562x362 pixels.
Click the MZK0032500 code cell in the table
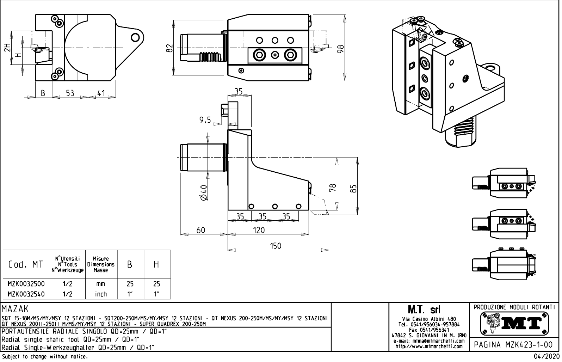coord(26,284)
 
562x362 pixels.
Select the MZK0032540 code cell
coord(26,294)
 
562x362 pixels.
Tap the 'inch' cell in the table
coord(101,294)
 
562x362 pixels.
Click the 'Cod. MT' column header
coord(26,264)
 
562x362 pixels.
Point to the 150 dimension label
coord(276,246)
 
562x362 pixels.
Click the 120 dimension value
coord(259,230)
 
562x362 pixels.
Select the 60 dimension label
coord(201,230)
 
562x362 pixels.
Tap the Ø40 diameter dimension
coord(203,193)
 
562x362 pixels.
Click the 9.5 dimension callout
coord(205,120)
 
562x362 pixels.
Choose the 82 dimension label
coord(169,48)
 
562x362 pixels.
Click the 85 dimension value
coord(354,189)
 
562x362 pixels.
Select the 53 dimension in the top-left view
coord(70,93)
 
